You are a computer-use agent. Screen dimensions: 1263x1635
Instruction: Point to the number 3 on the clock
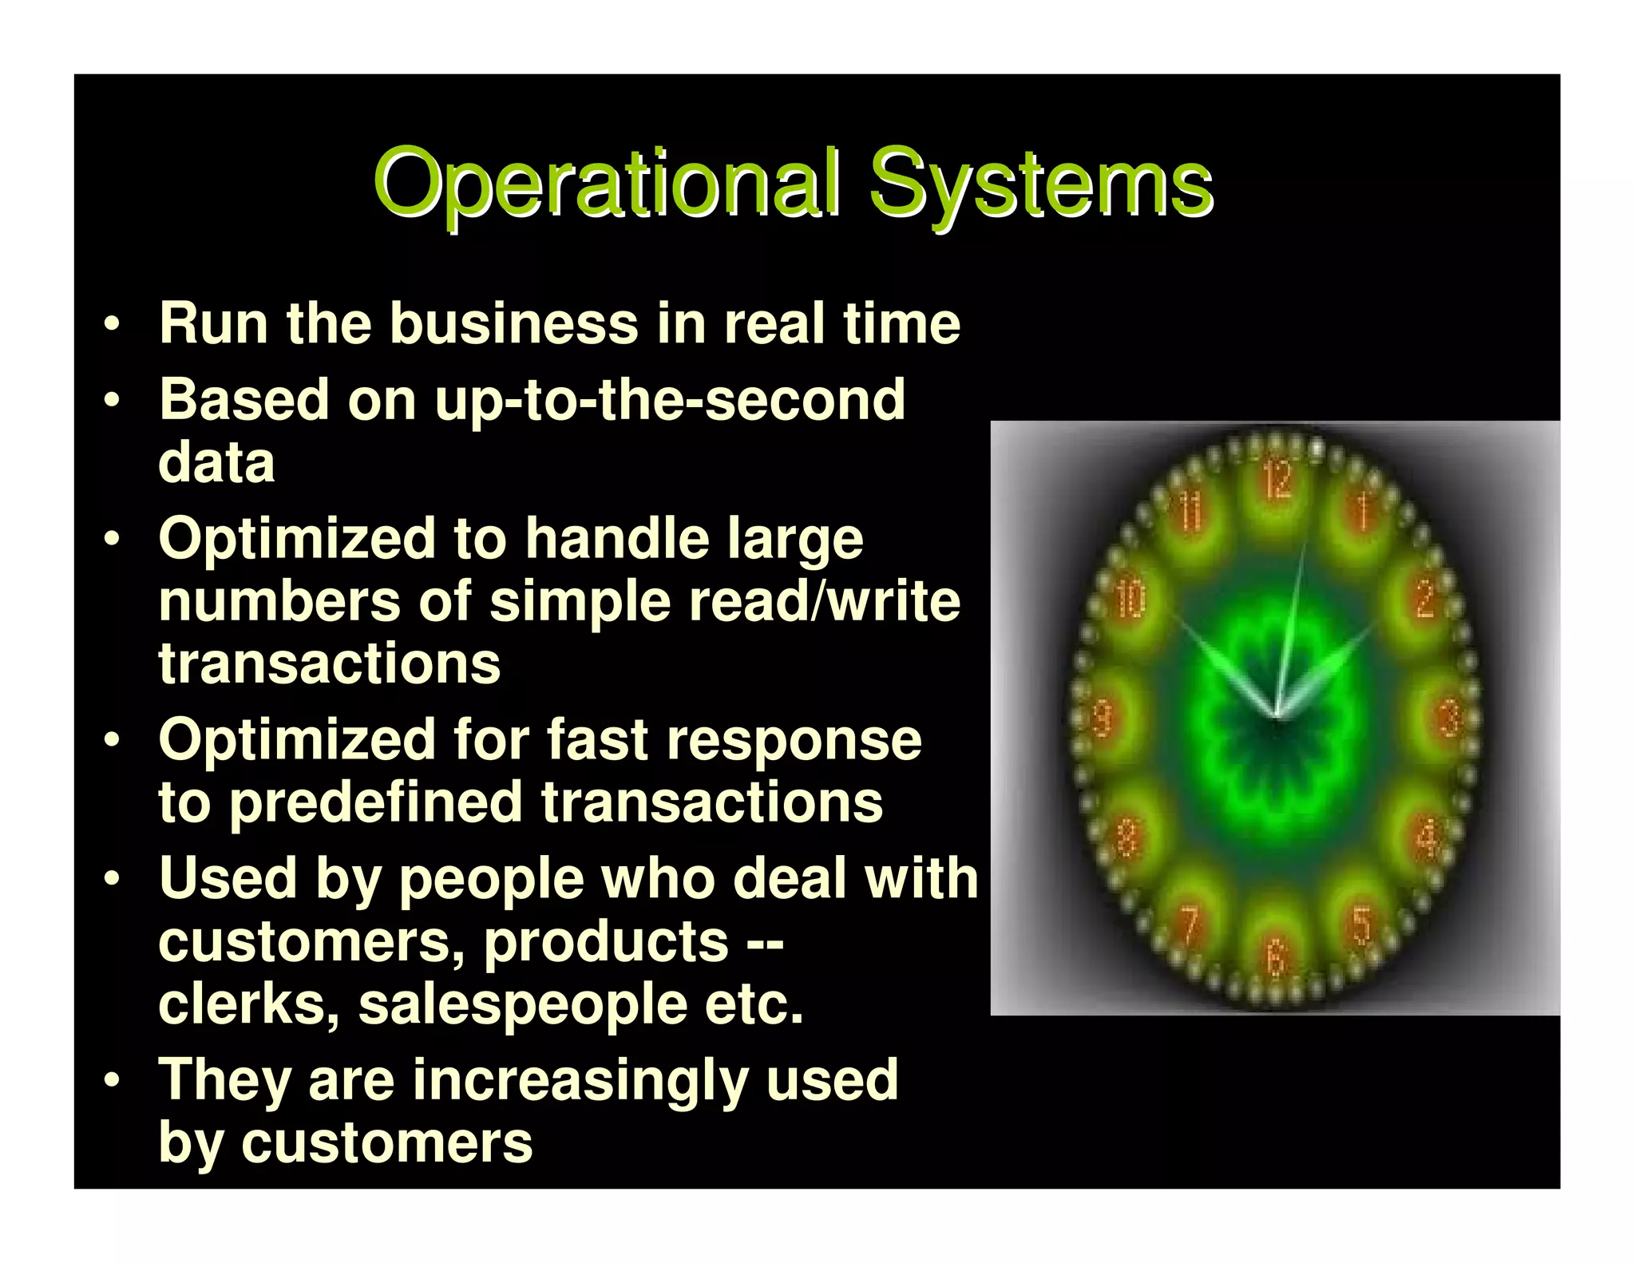coord(1449,718)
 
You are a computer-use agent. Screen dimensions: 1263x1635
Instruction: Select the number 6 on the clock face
coord(1276,957)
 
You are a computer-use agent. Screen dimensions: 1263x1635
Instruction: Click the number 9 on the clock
coord(1103,718)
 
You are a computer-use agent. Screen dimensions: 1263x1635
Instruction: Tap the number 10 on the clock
coord(1130,599)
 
